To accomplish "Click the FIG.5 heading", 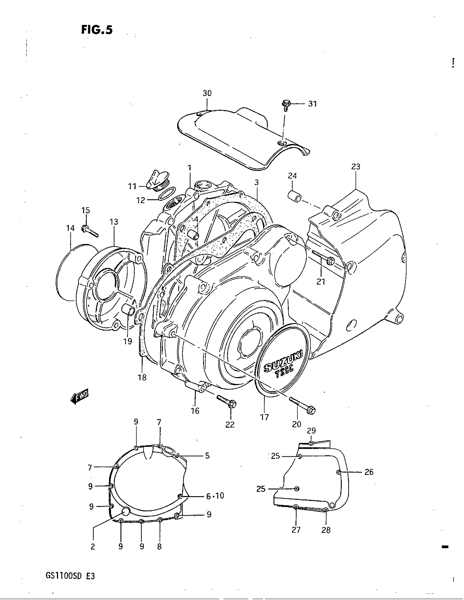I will click(x=97, y=30).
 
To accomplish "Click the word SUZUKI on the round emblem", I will click(x=283, y=361).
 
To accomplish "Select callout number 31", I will click(x=312, y=104).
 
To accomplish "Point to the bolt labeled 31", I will click(x=285, y=105).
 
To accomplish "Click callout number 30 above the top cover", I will click(x=207, y=93).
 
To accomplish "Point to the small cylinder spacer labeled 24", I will click(x=295, y=196).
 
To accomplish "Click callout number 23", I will click(x=356, y=167).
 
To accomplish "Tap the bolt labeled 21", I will click(x=324, y=258).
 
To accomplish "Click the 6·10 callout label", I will click(x=215, y=496).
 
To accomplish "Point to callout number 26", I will click(x=369, y=472).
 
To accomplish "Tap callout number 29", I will click(x=311, y=431).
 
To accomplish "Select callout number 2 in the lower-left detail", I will click(x=93, y=547).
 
